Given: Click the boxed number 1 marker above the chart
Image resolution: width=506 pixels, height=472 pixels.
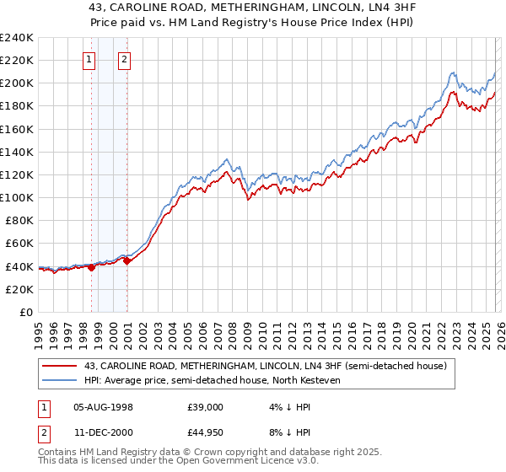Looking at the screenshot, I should coord(89,59).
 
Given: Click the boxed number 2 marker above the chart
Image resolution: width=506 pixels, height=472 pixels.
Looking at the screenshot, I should coord(124,59).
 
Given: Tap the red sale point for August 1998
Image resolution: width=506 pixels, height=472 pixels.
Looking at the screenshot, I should coord(92,267).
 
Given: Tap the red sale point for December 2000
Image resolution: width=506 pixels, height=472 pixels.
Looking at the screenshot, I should coord(126,260).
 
